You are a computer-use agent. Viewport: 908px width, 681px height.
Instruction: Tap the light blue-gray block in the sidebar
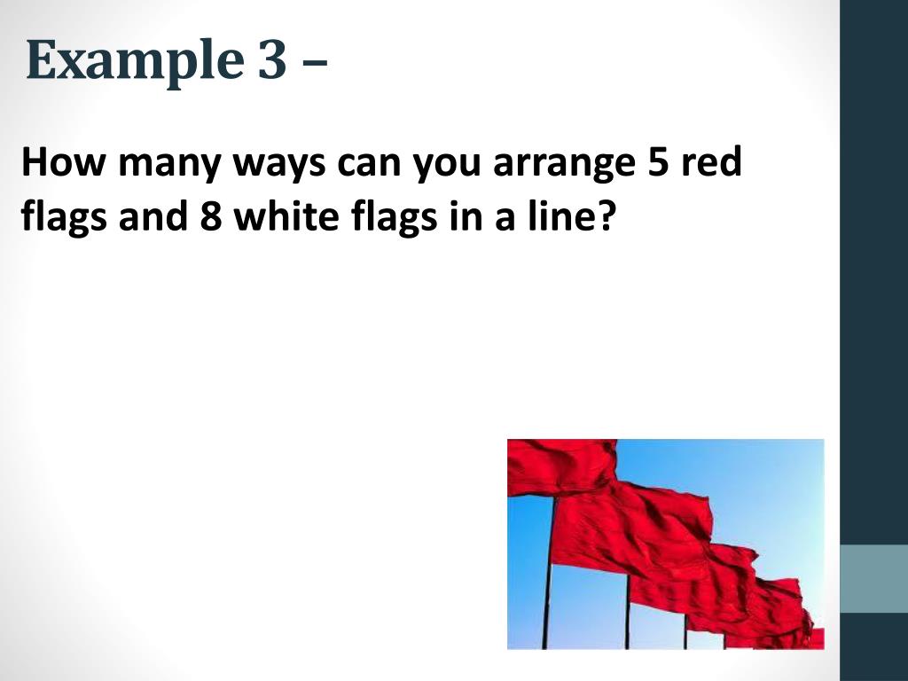point(873,578)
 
